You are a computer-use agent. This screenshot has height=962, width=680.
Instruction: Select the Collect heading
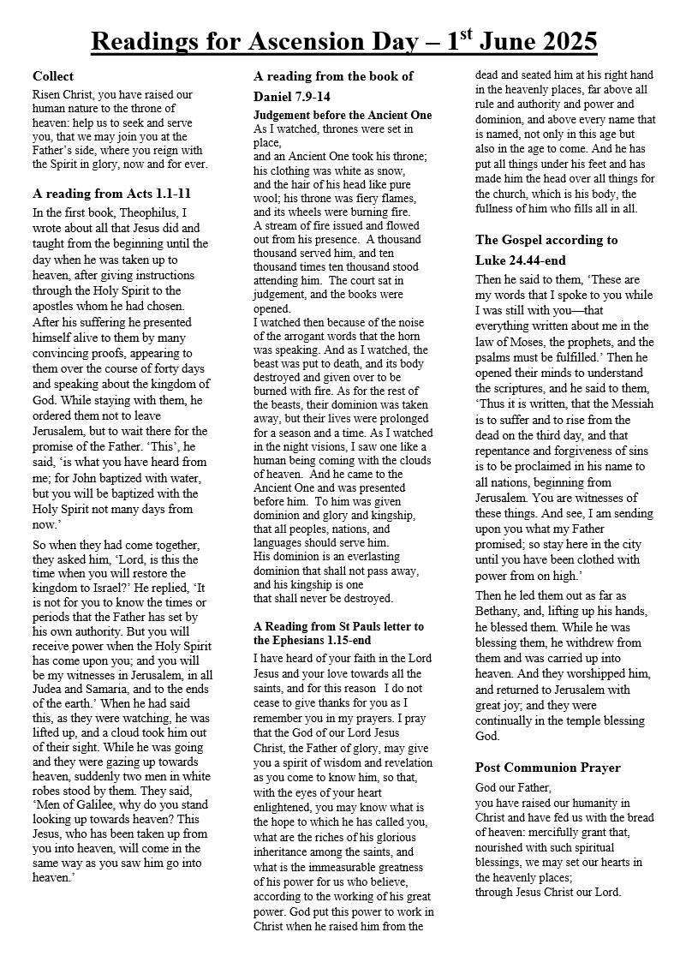coord(53,76)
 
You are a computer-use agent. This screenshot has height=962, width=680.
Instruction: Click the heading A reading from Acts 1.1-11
coord(111,194)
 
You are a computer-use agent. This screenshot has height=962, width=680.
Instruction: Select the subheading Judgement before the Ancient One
coord(343,115)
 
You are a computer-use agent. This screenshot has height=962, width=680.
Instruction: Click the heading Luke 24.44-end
coord(521,260)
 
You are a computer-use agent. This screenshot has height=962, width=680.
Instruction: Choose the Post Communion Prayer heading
coord(547,767)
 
